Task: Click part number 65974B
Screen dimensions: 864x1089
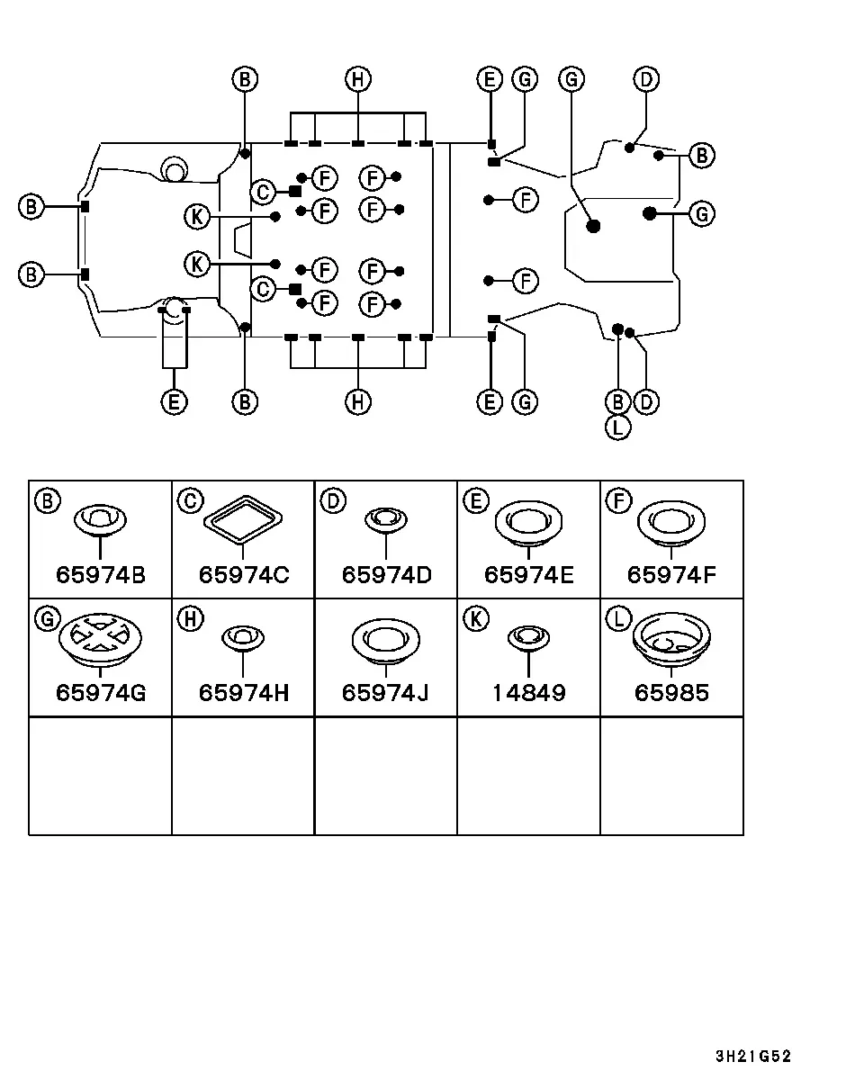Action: click(101, 575)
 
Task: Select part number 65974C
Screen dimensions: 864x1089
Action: click(244, 575)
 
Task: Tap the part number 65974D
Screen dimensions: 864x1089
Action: click(387, 575)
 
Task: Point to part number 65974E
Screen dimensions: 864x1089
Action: click(529, 575)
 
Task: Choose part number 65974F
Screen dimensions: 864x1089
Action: click(671, 575)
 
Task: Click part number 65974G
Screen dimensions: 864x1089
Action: click(101, 693)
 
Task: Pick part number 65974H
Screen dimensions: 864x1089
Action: click(244, 693)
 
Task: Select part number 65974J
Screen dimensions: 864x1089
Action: click(385, 693)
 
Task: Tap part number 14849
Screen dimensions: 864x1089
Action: click(529, 693)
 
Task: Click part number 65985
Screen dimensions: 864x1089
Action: click(671, 693)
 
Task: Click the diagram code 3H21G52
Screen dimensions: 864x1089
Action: click(753, 1056)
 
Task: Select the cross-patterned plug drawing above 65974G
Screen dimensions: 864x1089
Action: click(100, 640)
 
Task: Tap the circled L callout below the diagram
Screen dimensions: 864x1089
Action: click(618, 427)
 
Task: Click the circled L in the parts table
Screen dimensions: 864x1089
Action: click(619, 619)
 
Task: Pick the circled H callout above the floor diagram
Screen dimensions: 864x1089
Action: click(358, 79)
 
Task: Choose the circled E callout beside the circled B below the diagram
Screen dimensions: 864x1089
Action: click(174, 402)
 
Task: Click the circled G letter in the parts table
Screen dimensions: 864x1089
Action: click(48, 619)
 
